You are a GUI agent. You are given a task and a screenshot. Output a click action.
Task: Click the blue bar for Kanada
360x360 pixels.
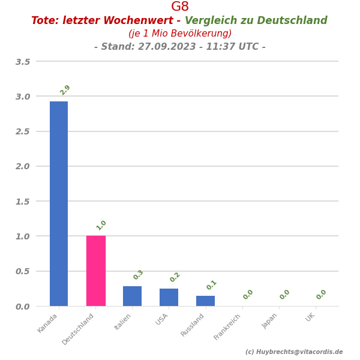[59, 203]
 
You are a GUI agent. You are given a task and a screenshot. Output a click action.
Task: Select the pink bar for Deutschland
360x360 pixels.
[95, 271]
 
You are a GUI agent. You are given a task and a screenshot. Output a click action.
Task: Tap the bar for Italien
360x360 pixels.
[132, 296]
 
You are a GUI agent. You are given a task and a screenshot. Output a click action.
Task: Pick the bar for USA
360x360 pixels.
[169, 298]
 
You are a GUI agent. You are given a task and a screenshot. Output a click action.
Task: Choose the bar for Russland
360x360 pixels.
[205, 301]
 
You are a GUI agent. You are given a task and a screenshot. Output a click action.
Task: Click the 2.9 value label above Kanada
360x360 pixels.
[65, 90]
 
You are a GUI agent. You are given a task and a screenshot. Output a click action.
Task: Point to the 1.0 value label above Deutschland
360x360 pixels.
[101, 226]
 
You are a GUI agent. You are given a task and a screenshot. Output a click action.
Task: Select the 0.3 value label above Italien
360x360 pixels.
[138, 275]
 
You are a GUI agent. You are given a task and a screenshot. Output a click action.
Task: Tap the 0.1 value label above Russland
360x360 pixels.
[211, 285]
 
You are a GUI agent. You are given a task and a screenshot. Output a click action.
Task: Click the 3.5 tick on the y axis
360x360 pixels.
[23, 62]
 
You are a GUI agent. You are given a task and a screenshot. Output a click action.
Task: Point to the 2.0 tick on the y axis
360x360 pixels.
[23, 166]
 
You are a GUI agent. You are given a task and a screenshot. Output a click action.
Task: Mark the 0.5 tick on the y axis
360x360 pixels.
[23, 271]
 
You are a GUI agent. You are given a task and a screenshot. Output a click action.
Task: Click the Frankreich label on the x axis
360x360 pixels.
[228, 326]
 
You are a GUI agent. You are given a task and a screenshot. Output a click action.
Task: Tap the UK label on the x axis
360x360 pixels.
[310, 317]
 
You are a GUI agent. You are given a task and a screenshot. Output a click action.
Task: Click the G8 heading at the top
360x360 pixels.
[180, 7]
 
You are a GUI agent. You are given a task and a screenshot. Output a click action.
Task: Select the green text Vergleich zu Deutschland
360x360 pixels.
[256, 21]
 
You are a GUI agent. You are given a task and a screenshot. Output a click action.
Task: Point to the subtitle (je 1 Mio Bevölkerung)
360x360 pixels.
[180, 34]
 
